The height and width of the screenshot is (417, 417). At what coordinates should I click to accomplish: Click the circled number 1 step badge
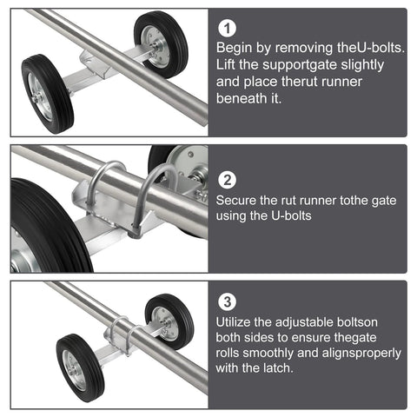(228, 29)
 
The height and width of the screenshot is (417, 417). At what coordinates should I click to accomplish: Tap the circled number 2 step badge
(228, 181)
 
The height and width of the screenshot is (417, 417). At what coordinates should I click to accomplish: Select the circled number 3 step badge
(228, 302)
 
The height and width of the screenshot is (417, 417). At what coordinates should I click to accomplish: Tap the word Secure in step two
(239, 201)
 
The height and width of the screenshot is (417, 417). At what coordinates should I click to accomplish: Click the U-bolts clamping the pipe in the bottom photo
(122, 335)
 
